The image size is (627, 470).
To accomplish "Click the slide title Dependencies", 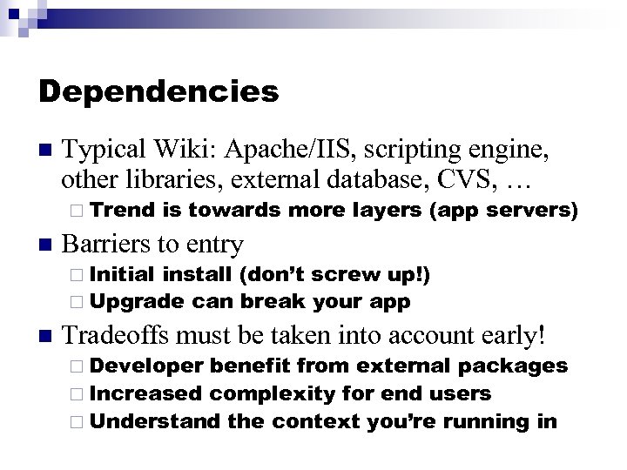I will tap(158, 91).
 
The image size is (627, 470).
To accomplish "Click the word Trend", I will tap(122, 210).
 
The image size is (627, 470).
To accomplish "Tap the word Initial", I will tap(123, 276).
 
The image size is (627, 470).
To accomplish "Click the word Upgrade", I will tap(137, 301).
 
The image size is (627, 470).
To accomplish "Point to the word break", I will tap(270, 301).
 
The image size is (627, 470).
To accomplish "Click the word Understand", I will tap(154, 421).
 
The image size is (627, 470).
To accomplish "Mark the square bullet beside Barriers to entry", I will tap(45, 244).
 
